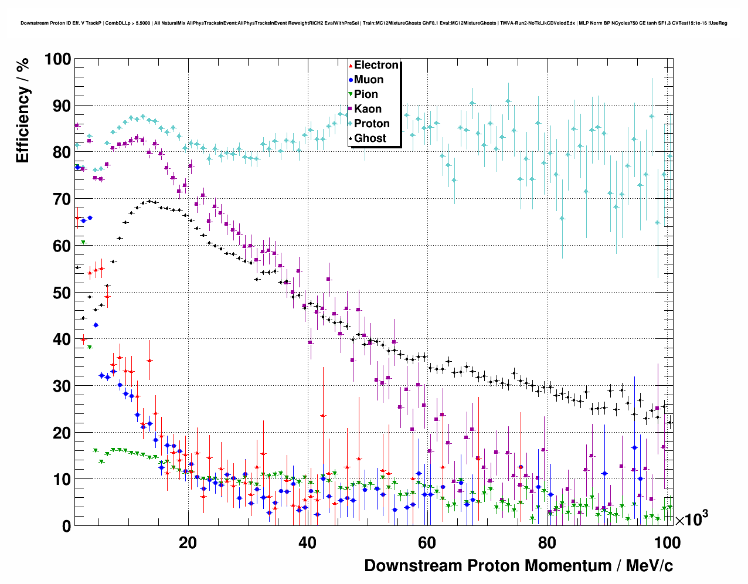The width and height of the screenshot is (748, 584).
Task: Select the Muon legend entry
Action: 368,80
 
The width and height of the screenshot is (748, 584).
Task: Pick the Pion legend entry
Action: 366,94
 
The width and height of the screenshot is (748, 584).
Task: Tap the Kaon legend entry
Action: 368,109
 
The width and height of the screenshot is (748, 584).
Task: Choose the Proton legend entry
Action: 372,124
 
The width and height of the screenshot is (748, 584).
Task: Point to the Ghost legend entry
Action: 370,138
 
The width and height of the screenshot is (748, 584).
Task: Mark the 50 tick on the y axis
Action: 62,293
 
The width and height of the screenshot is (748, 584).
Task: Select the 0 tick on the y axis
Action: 66,526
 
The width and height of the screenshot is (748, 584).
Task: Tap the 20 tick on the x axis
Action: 188,542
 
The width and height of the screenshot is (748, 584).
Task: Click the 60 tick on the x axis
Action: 427,542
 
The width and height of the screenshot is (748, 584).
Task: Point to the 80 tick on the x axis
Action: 546,542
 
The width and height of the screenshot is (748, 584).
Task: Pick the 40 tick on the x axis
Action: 307,542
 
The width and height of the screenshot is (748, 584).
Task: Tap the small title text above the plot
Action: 373,23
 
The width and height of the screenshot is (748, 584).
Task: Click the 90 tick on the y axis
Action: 62,106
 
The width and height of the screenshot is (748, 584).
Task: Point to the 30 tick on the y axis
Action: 62,386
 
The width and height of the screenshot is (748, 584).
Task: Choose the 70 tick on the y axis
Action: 62,199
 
